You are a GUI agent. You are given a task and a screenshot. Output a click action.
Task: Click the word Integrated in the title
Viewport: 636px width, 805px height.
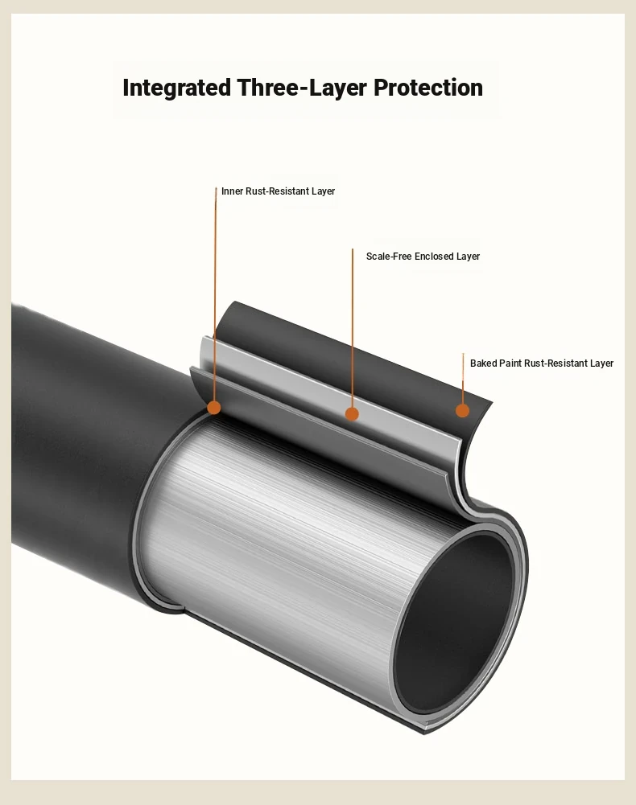point(176,88)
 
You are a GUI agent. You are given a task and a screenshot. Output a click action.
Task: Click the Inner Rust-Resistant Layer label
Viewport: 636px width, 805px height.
point(278,191)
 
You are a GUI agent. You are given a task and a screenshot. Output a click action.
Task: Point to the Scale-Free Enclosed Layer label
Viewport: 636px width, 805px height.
point(423,257)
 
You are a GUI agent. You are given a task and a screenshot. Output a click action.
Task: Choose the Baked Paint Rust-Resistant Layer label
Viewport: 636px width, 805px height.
point(542,363)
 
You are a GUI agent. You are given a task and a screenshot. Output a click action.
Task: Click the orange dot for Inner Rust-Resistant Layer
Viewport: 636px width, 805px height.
point(213,408)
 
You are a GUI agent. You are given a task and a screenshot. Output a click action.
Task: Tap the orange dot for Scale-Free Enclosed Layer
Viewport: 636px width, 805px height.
point(352,414)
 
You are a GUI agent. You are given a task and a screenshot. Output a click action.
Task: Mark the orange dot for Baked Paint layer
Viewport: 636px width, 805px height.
point(462,410)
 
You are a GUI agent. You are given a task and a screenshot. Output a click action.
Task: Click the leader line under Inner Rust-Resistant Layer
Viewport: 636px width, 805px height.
point(216,298)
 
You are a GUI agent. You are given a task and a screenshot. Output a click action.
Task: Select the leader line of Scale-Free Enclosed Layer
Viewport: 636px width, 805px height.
point(353,330)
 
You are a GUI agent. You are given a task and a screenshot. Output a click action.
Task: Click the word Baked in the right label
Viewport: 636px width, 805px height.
point(483,363)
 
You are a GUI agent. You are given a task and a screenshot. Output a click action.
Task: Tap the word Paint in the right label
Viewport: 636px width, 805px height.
point(510,363)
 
